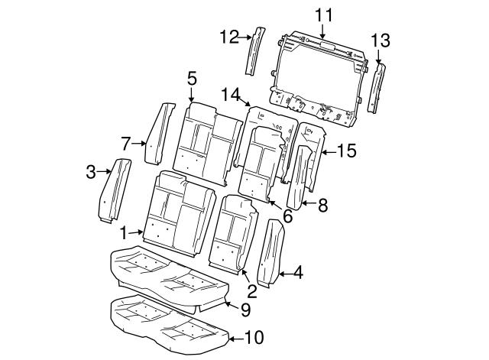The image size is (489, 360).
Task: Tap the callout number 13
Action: click(380, 40)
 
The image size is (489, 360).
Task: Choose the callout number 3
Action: click(90, 171)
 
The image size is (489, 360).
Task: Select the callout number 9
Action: click(245, 309)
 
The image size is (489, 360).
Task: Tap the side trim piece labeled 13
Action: click(377, 90)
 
